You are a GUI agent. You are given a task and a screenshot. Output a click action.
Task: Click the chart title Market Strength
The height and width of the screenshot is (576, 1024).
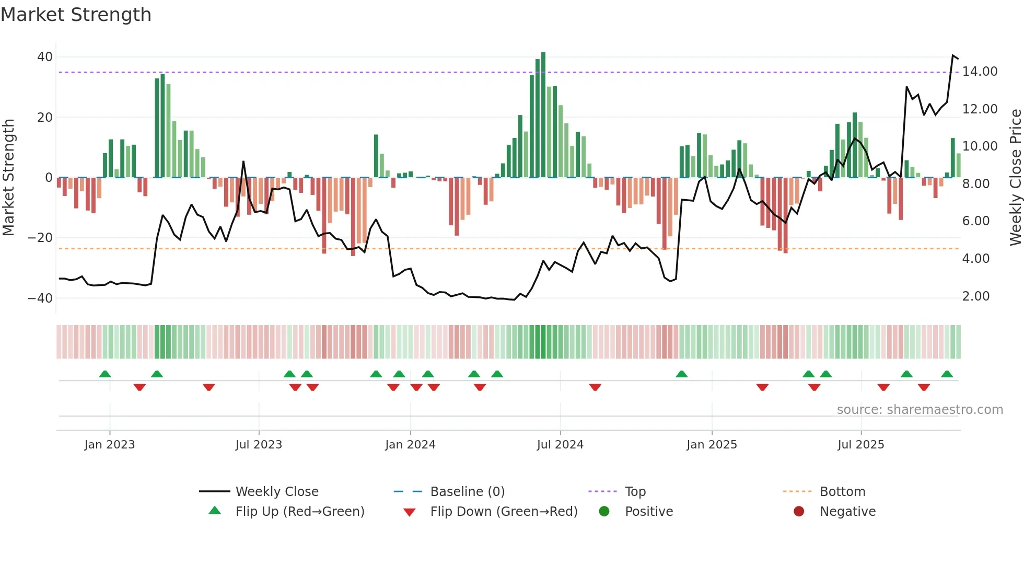tap(76, 15)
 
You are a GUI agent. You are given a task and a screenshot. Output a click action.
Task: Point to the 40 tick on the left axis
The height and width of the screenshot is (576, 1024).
tap(45, 57)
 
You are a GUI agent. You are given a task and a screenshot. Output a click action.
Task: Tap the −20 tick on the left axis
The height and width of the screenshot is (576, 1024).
tap(40, 238)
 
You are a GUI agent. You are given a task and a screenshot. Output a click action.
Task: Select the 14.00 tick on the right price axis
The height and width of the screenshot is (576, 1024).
tap(980, 72)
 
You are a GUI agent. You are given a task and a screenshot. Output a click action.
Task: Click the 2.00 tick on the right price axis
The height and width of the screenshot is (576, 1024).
tap(976, 296)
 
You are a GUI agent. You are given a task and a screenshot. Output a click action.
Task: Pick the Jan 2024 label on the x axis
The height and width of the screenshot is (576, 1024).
tap(410, 445)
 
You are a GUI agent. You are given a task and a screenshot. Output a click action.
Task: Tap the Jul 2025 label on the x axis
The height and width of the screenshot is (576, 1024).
tap(860, 445)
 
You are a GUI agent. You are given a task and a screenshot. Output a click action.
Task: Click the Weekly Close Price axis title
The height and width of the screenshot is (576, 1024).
tap(1015, 177)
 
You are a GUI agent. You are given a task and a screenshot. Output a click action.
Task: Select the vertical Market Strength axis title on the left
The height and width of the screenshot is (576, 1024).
tap(8, 177)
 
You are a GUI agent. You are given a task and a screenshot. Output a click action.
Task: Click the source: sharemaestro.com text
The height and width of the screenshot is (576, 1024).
tap(920, 410)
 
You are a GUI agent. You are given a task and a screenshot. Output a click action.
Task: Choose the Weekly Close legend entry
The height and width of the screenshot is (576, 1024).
tap(276, 492)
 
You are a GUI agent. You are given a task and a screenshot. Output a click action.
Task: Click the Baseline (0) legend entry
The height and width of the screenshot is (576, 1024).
tap(467, 492)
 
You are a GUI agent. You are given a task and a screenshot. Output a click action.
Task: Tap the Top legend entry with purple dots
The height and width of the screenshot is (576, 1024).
tap(635, 492)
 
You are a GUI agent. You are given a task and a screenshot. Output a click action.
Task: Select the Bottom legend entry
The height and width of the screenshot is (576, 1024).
tap(842, 492)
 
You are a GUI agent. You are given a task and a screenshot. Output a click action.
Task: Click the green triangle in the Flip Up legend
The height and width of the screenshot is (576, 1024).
tap(215, 511)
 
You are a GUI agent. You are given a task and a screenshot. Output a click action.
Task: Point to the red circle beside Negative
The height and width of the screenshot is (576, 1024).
tap(799, 511)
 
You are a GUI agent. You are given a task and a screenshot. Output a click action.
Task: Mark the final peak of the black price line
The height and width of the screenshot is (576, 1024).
tap(953, 55)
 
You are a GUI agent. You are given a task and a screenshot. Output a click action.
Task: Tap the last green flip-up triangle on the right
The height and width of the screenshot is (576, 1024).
tap(947, 374)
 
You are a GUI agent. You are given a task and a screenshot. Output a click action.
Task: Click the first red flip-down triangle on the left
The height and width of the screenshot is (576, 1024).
tap(139, 387)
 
